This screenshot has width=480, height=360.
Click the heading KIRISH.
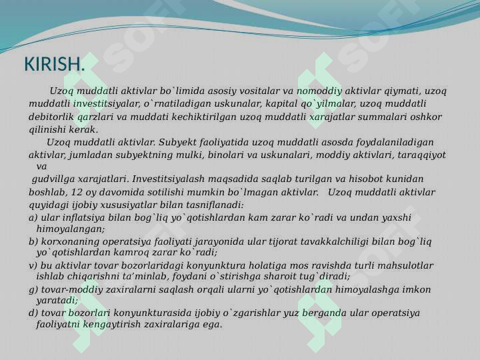[x=54, y=64]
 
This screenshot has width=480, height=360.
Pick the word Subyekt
[x=177, y=143]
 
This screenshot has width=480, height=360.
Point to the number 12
[x=77, y=192]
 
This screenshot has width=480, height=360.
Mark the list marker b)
[x=33, y=241]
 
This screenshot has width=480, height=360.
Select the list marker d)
[x=33, y=313]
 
